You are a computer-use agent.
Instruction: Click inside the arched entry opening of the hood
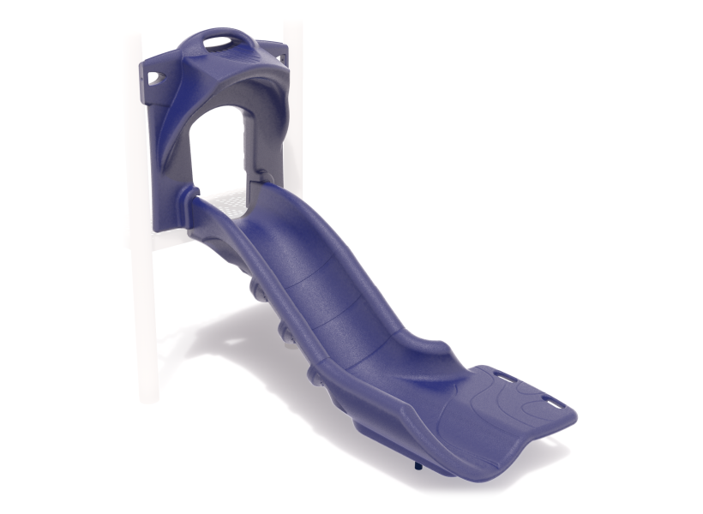pos(219,146)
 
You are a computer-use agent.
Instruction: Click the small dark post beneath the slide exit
pos(418,465)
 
